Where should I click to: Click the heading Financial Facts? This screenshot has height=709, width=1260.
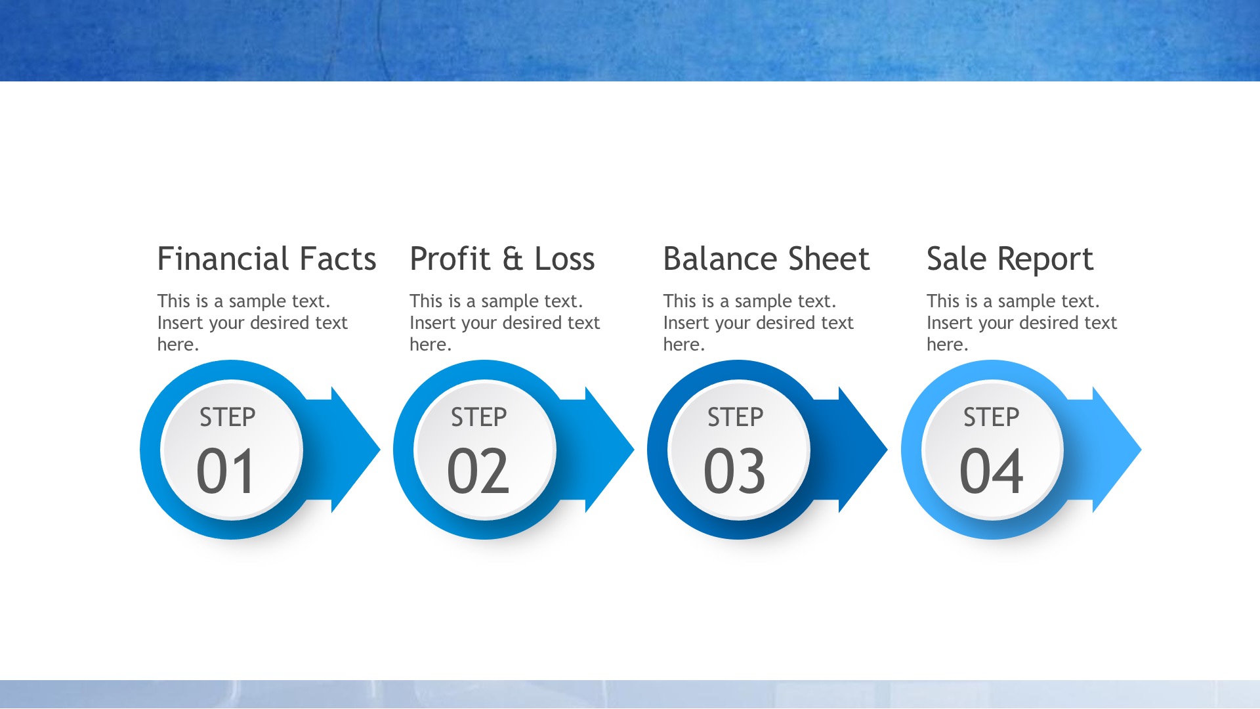coord(266,259)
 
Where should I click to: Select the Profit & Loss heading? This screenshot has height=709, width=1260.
coord(502,259)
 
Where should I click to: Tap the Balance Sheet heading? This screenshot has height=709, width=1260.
coord(766,259)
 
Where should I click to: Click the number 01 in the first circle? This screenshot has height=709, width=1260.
coord(226,471)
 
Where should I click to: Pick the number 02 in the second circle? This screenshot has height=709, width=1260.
coord(478,471)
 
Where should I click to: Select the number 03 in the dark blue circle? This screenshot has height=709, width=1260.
coord(734,471)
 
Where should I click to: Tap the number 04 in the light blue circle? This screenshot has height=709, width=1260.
coord(991,471)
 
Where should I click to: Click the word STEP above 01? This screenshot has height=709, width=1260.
coord(228,418)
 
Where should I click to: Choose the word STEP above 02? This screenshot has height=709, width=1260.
coord(479,418)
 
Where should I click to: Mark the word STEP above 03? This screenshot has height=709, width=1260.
coord(736,418)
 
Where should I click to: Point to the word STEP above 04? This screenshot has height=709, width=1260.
coord(992,418)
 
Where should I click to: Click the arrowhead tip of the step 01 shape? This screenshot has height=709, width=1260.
coord(380,450)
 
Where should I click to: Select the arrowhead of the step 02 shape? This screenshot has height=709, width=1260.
coord(610,450)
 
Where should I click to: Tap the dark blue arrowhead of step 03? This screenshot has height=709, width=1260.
coord(863,450)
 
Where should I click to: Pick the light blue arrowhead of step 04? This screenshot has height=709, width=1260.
coord(1117,450)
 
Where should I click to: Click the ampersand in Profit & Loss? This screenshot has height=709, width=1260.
coord(513,259)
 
